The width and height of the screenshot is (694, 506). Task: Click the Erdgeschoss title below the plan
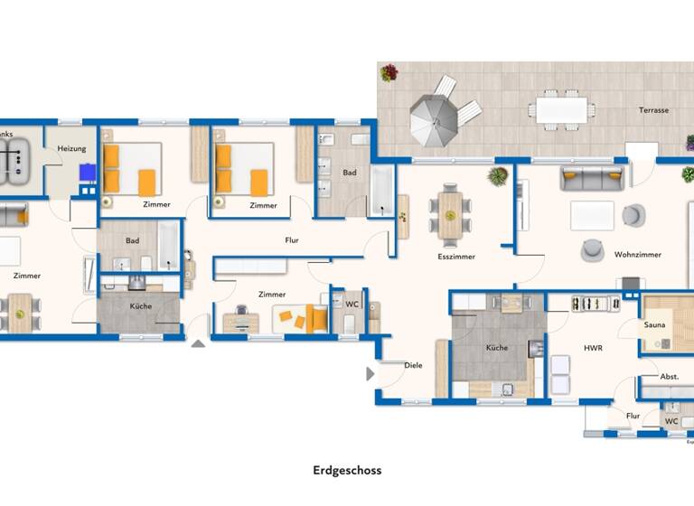pyautogui.click(x=347, y=470)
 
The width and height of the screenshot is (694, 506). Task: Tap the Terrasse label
pyautogui.click(x=653, y=110)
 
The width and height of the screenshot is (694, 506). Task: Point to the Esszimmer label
pyautogui.click(x=455, y=257)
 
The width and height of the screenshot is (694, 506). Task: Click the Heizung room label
pyautogui.click(x=71, y=148)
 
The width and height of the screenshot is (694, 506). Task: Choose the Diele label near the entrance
pyautogui.click(x=413, y=366)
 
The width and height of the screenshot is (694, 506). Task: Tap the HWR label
pyautogui.click(x=593, y=348)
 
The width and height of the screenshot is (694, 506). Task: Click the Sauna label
pyautogui.click(x=654, y=323)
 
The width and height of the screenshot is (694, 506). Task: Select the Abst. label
pyautogui.click(x=669, y=377)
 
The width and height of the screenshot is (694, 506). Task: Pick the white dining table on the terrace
pyautogui.click(x=562, y=109)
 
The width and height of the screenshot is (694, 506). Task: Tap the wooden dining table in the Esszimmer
pyautogui.click(x=450, y=214)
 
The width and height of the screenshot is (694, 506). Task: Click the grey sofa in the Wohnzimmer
pyautogui.click(x=592, y=177)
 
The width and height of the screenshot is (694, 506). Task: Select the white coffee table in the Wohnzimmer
pyautogui.click(x=592, y=216)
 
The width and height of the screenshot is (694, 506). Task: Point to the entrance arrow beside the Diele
pyautogui.click(x=370, y=373)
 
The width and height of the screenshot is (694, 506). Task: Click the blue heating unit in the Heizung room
pyautogui.click(x=87, y=173)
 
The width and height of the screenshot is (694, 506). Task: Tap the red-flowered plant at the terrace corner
pyautogui.click(x=389, y=72)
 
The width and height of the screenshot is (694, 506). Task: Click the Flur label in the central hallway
pyautogui.click(x=291, y=240)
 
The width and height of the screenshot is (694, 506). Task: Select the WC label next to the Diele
pyautogui.click(x=351, y=305)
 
